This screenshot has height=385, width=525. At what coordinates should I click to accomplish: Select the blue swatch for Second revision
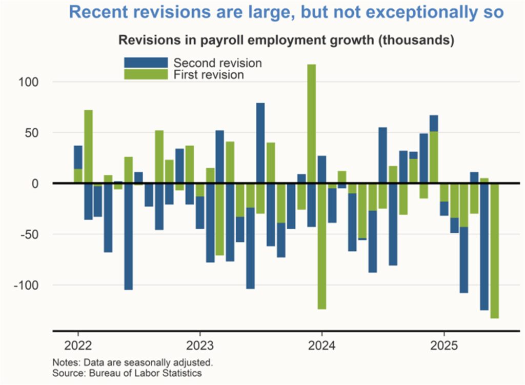[x=146, y=63]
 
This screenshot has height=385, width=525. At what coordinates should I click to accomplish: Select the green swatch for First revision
[x=146, y=74]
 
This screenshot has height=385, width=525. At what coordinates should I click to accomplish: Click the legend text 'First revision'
[x=209, y=75]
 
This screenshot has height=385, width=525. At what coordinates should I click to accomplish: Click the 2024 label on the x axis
[x=321, y=344]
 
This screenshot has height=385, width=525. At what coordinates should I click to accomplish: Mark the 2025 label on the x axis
[x=443, y=344]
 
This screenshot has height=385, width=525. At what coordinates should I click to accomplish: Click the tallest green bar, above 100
[x=311, y=123]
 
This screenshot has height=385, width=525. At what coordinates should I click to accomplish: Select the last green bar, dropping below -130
[x=494, y=251]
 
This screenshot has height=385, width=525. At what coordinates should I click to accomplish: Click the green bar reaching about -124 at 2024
[x=321, y=246]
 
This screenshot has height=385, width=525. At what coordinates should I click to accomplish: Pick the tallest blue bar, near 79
[x=260, y=143]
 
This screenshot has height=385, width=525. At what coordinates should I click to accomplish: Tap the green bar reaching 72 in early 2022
[x=88, y=147]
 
